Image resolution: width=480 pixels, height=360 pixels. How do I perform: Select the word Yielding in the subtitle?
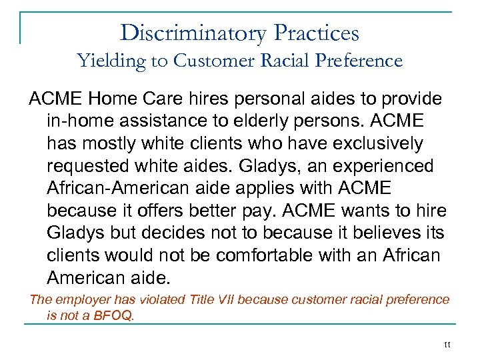click(x=112, y=61)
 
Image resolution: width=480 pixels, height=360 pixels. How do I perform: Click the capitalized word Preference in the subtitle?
click(x=359, y=61)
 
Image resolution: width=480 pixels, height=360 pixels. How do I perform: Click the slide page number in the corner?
click(x=447, y=345)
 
